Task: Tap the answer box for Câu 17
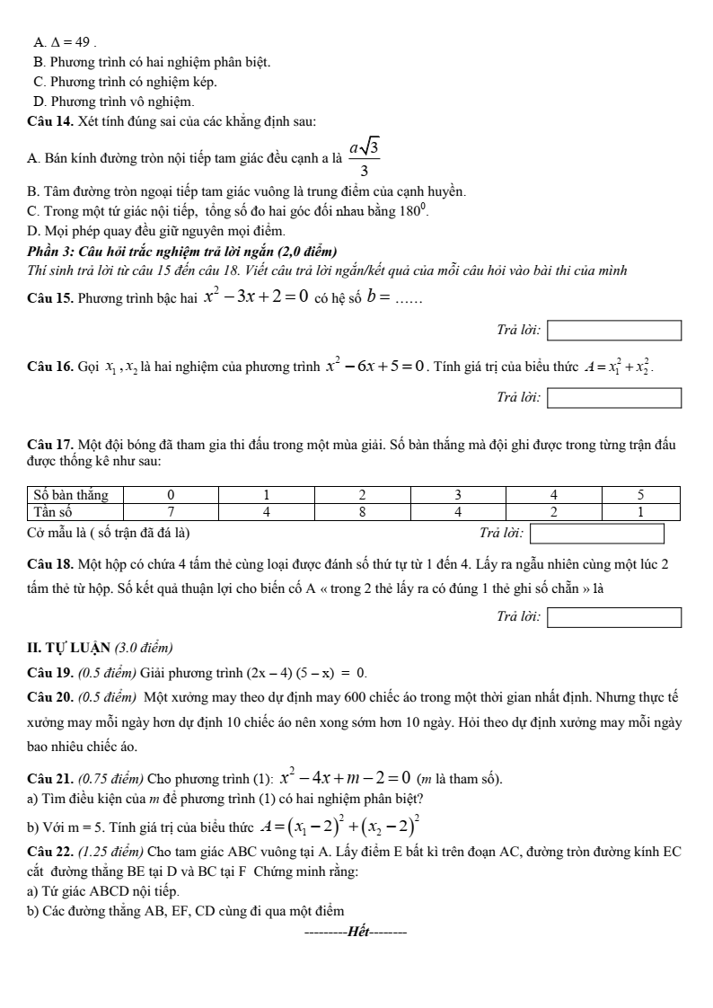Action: click(x=597, y=534)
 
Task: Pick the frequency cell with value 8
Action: click(x=362, y=511)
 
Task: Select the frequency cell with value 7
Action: click(x=172, y=511)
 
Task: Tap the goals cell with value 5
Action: click(x=640, y=495)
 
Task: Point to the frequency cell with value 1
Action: click(x=640, y=511)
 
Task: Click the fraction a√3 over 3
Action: click(x=363, y=157)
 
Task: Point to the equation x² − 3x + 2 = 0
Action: click(x=256, y=295)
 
